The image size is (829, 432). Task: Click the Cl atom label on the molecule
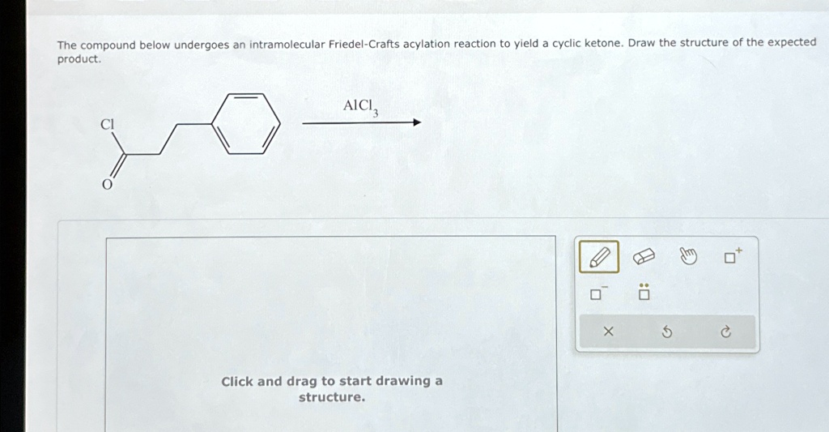point(107,124)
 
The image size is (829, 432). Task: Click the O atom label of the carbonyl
point(105,184)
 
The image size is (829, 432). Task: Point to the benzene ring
point(246,124)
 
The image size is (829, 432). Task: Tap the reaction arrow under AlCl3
point(361,123)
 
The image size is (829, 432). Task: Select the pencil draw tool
point(599,258)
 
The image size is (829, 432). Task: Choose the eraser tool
point(643,258)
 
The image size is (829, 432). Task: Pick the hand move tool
point(687,258)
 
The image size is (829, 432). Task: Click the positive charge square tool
point(732,257)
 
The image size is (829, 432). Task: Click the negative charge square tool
point(597,293)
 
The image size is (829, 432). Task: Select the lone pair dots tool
point(644,293)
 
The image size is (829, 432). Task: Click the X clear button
point(609,331)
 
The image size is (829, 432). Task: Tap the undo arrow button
point(667,331)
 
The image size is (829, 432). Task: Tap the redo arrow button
point(725,331)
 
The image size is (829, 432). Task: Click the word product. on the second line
point(79,59)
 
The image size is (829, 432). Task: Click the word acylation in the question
point(427,44)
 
